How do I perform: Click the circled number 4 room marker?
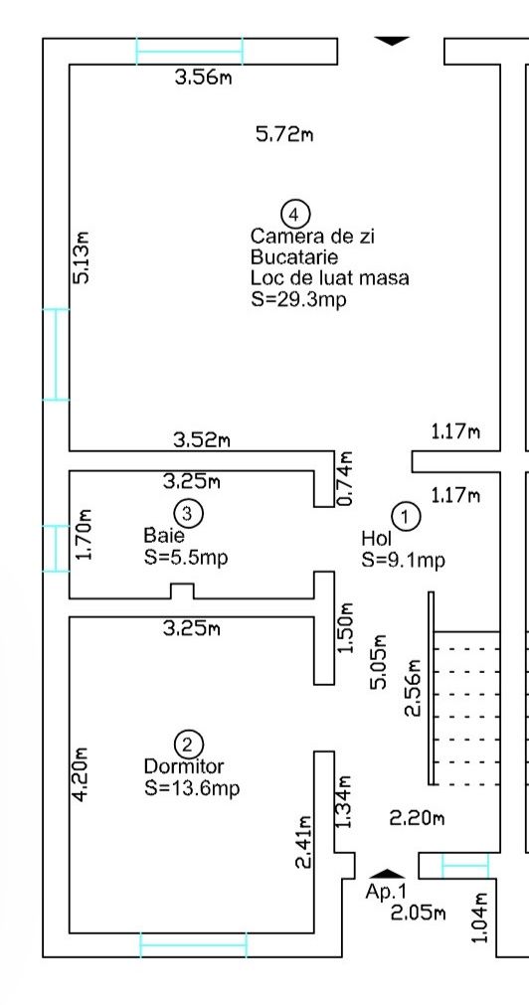point(295,214)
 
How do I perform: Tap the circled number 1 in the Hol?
point(406,517)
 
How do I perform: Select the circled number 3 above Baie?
point(188,513)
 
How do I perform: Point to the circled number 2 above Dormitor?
point(188,745)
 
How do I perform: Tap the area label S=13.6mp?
point(192,787)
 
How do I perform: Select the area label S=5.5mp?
point(186,558)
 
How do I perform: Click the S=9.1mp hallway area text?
point(404,561)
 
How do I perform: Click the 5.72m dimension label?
point(284,134)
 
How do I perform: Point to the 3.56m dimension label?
point(203,79)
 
